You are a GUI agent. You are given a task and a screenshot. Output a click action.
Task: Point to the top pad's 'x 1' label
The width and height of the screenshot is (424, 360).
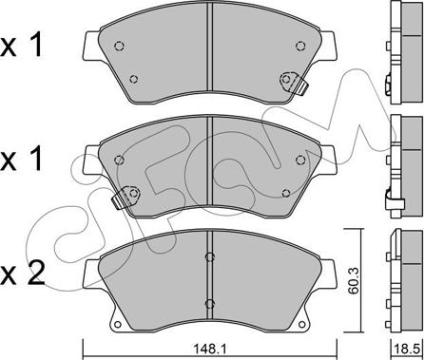coord(22,46)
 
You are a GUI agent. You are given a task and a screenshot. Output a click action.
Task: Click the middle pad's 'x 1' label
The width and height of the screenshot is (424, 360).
coord(22,159)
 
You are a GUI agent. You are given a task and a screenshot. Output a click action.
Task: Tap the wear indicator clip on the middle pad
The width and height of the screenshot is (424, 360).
coord(126,197)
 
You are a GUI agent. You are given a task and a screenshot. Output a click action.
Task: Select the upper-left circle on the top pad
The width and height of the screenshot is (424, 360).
coord(119,47)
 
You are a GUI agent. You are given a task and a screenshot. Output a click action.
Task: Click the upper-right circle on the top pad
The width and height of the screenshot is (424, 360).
coord(300,47)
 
